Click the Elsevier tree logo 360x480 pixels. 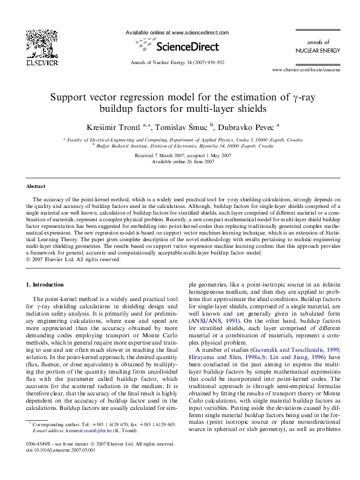tap(38, 43)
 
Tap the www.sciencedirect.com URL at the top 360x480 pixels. tap(177, 31)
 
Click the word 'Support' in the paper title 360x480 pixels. tap(69, 96)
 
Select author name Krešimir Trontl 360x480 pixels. tap(113, 127)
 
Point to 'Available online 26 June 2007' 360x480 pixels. tap(180, 161)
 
